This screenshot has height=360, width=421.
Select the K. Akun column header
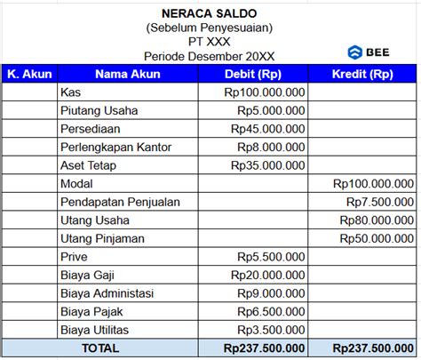click(x=28, y=74)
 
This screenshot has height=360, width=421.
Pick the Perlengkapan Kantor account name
click(x=115, y=147)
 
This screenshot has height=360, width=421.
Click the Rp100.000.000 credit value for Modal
click(x=374, y=184)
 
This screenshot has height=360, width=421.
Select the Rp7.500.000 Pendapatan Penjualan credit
click(x=380, y=202)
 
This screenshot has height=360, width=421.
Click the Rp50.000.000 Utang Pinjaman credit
click(x=377, y=238)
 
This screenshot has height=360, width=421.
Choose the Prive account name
click(x=74, y=257)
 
